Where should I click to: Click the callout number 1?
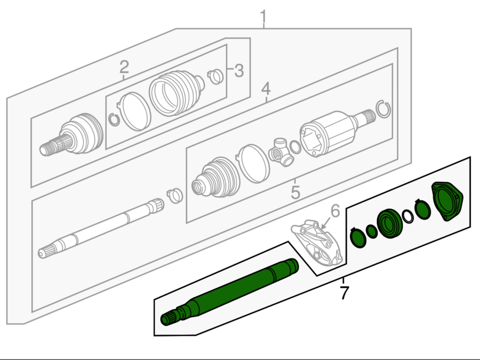(263, 17)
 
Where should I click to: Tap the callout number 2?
(124, 67)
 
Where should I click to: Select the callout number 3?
(239, 71)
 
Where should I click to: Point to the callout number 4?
(266, 89)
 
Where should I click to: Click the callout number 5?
(295, 192)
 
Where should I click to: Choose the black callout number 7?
(344, 293)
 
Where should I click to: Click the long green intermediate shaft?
(229, 293)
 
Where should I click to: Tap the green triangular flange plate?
(447, 201)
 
